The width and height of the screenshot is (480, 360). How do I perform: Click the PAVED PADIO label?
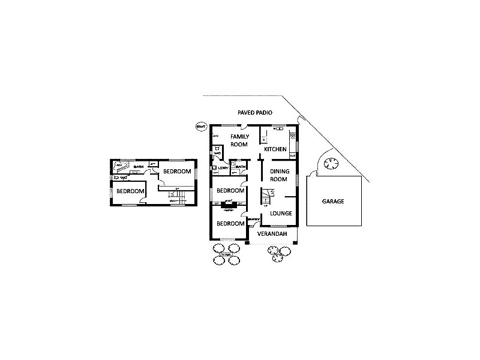coord(255,112)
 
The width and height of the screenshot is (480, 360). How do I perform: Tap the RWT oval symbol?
coord(201,127)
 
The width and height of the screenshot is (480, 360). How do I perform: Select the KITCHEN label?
coord(275,149)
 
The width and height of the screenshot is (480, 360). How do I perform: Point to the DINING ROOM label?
coord(280,175)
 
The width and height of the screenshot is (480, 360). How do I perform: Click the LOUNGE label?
coord(281,213)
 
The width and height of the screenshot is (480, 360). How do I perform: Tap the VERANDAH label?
coord(272,233)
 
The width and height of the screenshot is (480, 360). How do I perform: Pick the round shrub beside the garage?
coord(331,162)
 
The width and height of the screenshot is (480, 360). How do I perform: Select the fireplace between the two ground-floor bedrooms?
coord(229,206)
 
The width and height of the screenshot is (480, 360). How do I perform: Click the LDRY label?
coord(223,168)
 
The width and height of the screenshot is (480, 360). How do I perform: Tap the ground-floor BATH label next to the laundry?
coord(240,167)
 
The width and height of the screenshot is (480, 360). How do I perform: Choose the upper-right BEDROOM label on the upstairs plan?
coord(178,172)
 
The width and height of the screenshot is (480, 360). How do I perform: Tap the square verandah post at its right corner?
coord(293,242)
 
